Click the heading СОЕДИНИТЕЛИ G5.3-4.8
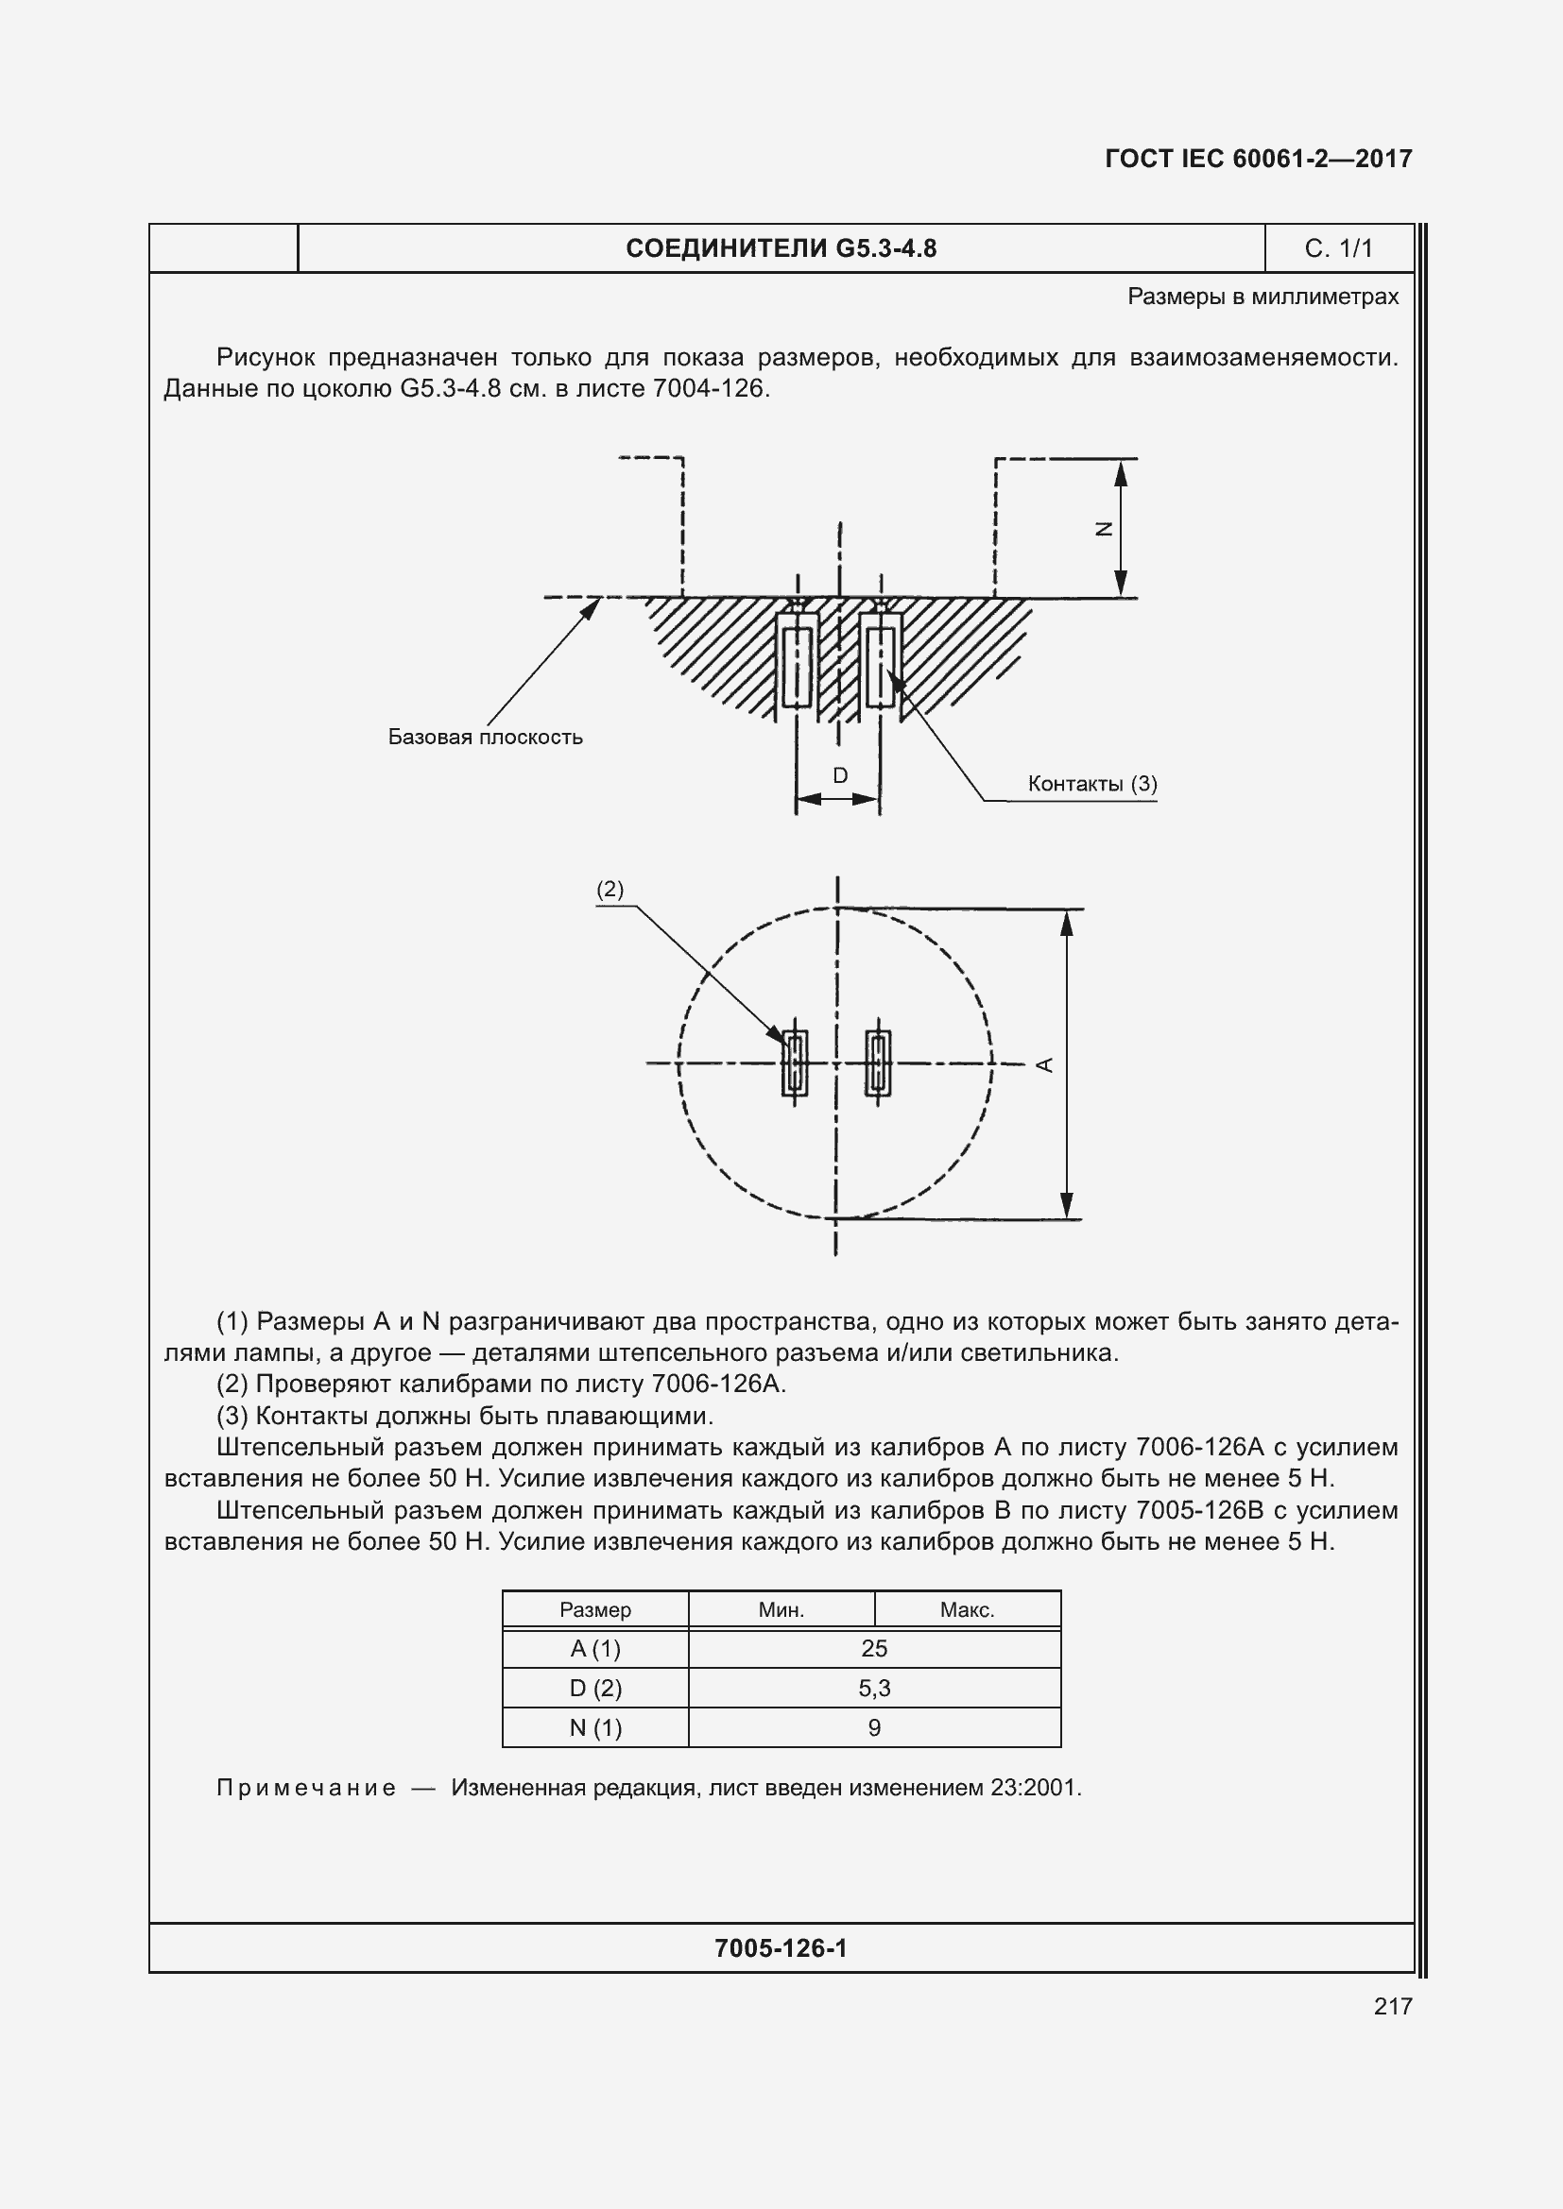click(x=781, y=248)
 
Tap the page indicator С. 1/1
click(x=1338, y=248)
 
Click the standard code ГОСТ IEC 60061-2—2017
click(x=1258, y=159)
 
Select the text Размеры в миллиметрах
click(x=1262, y=297)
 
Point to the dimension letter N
click(x=1105, y=528)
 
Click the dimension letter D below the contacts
click(x=839, y=774)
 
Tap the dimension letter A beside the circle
click(x=1045, y=1064)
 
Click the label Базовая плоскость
click(x=485, y=737)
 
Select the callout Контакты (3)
click(x=1091, y=783)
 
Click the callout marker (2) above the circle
click(x=610, y=889)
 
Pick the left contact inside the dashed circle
click(x=795, y=1063)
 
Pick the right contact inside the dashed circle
click(x=877, y=1063)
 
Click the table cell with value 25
click(x=874, y=1648)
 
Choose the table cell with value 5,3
click(x=874, y=1688)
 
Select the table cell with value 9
click(x=874, y=1727)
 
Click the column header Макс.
click(x=967, y=1609)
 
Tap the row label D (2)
click(x=594, y=1688)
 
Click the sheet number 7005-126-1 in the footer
click(x=781, y=1948)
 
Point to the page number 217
click(x=1393, y=2006)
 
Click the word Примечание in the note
click(x=306, y=1788)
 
